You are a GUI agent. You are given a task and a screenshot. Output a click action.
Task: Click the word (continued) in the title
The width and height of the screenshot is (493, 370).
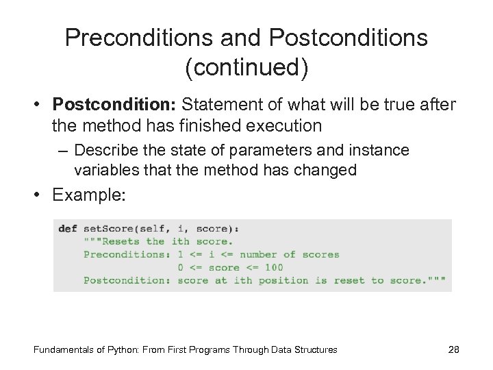click(x=246, y=67)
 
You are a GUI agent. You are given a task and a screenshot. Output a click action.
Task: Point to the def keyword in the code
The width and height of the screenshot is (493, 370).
click(x=68, y=229)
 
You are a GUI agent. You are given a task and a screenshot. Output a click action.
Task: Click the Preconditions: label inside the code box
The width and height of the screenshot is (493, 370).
click(x=127, y=254)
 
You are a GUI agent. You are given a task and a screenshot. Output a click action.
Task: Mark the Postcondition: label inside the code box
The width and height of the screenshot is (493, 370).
click(x=127, y=280)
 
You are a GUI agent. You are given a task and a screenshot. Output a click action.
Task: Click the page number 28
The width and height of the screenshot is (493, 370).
click(x=453, y=350)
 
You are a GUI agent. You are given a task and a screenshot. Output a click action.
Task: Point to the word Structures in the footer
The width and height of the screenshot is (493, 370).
click(x=316, y=350)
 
